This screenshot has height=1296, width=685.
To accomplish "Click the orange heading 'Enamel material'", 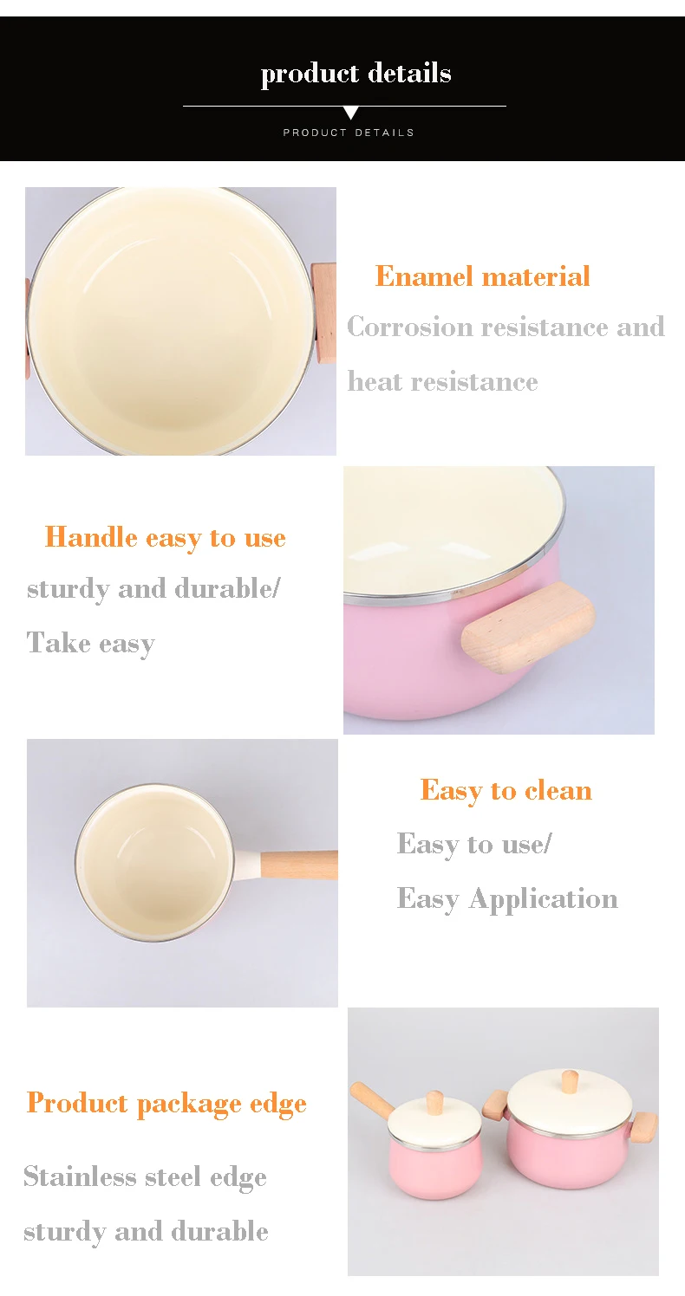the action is click(482, 276).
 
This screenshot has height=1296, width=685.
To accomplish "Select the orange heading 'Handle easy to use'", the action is click(165, 538).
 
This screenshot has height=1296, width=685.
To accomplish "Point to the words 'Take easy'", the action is click(91, 644).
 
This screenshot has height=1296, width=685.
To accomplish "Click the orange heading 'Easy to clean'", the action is click(506, 790).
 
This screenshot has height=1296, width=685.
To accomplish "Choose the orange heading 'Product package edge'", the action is click(166, 1104).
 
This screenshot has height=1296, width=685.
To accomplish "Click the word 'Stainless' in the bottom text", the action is click(79, 1176).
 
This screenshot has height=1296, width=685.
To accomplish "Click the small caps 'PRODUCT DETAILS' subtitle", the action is click(349, 133).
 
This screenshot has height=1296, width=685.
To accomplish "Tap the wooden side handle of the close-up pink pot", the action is click(528, 627).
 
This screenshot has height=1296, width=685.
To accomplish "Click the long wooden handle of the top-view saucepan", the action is click(299, 865).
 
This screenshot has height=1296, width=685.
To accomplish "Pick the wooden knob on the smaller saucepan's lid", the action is click(435, 1102).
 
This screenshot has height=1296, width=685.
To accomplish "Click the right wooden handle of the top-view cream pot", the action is click(324, 313).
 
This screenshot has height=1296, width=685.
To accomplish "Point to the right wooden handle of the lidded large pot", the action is click(644, 1126).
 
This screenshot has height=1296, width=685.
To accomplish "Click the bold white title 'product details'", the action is click(356, 74).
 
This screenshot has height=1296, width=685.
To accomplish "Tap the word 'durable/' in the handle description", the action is click(227, 588).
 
